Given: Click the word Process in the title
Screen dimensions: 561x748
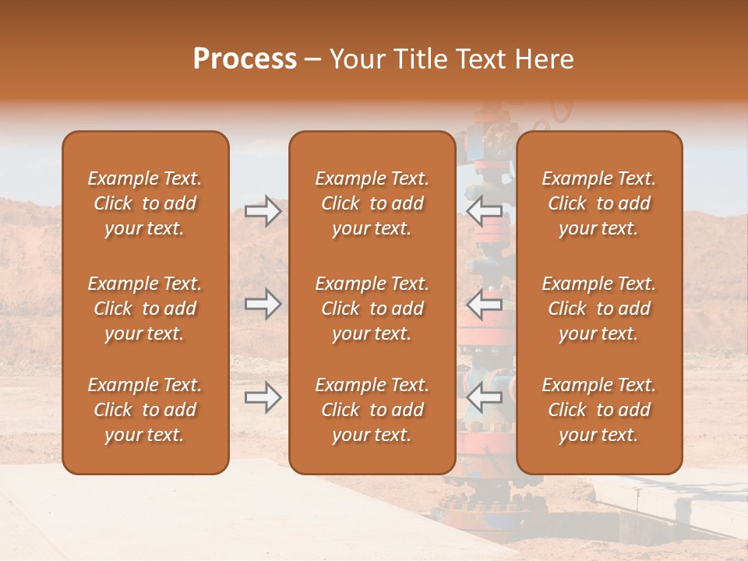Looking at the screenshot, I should (245, 59).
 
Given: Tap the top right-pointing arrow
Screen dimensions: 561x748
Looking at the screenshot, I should (263, 211).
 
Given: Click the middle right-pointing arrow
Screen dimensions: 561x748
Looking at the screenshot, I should (263, 304).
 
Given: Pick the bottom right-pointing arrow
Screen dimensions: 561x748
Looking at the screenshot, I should (263, 398).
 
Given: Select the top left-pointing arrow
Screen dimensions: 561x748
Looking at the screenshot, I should (485, 211).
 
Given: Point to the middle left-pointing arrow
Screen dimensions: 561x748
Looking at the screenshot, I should (485, 304).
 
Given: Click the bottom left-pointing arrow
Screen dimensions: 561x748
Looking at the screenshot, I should (485, 398).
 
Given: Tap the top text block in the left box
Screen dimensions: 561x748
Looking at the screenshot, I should (145, 203).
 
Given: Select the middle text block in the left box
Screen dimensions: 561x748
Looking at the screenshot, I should (145, 309).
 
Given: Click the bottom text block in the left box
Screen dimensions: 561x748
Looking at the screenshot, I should (145, 410).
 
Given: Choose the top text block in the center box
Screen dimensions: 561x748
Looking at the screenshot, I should (372, 203).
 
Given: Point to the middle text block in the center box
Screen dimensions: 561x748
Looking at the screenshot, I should (372, 309).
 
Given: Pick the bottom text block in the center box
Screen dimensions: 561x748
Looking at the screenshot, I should (372, 410).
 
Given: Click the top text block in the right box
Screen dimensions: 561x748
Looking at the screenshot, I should (598, 203).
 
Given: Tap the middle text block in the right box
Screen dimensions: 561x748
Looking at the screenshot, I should (598, 309).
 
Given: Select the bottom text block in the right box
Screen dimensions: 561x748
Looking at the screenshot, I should (598, 410).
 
